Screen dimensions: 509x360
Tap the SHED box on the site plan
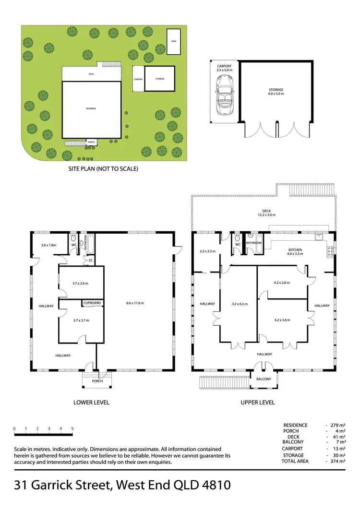point(173,42)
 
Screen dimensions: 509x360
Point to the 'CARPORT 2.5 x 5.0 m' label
point(225,68)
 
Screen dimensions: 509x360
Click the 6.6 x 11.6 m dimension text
point(134,303)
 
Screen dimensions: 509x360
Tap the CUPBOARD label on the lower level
point(92,303)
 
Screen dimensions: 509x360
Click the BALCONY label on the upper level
point(264,379)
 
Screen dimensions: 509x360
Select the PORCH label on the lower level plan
point(97,381)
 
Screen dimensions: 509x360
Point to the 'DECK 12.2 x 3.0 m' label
point(267,213)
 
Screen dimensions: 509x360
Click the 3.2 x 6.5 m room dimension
point(239,304)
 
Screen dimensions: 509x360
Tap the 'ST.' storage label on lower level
point(90,260)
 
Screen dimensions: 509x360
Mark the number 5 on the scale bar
point(72,428)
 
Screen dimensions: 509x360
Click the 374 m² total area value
point(337,461)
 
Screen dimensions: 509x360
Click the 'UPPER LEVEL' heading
point(257,402)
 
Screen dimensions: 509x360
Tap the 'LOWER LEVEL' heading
point(91,402)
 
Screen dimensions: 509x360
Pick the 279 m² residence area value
point(337,425)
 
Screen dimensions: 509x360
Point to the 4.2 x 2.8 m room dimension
point(283,283)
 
